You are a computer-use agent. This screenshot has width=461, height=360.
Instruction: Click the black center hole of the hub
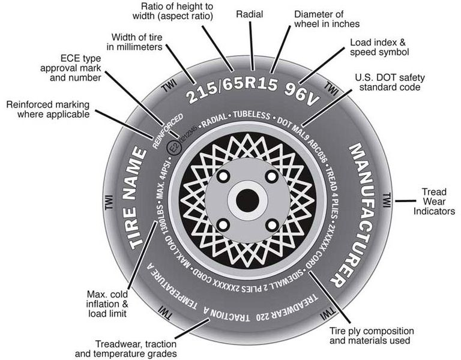[x=246, y=200]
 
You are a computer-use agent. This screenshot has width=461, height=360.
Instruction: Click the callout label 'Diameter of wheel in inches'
[x=327, y=19]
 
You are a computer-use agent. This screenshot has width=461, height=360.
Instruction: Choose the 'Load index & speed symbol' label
[x=379, y=47]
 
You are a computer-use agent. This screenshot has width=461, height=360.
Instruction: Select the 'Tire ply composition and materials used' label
[x=372, y=335]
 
